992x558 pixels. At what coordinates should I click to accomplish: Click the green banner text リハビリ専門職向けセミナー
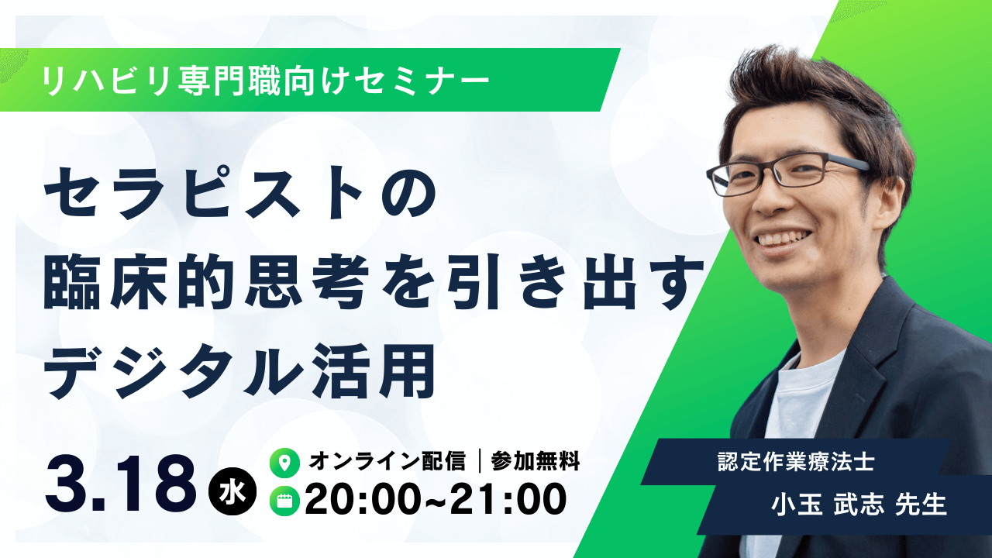point(267,80)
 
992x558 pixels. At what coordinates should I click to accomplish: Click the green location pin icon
point(284,463)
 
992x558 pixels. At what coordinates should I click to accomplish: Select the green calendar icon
point(284,501)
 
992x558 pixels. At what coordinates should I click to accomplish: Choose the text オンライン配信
point(387,462)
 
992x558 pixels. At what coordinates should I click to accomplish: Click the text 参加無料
point(535,462)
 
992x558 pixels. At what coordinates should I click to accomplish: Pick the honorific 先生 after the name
point(921,505)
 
